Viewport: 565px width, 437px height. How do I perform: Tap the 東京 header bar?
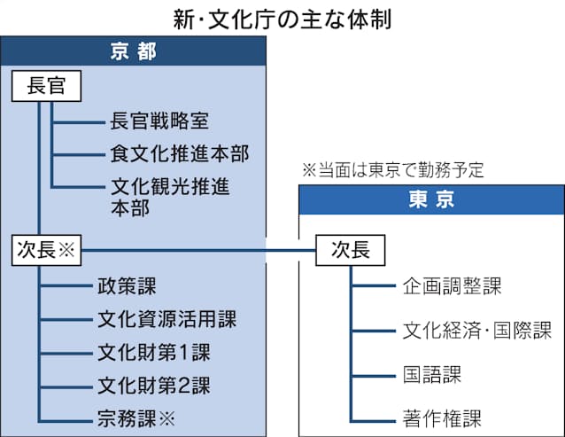pyautogui.click(x=430, y=200)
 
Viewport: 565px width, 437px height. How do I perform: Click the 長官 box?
pyautogui.click(x=47, y=87)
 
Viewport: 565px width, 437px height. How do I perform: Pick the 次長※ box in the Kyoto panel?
pyautogui.click(x=47, y=250)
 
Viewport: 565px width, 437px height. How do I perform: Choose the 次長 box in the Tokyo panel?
pyautogui.click(x=350, y=250)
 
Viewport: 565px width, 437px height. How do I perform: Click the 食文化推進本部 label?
pyautogui.click(x=180, y=153)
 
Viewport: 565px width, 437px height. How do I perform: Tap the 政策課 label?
pyautogui.click(x=127, y=285)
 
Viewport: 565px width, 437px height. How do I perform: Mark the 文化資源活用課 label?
pyautogui.click(x=166, y=318)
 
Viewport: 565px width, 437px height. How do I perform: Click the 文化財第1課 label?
pyautogui.click(x=153, y=352)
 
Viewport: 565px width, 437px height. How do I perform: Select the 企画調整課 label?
pyautogui.click(x=452, y=286)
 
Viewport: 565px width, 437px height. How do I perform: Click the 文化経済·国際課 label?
pyautogui.click(x=476, y=331)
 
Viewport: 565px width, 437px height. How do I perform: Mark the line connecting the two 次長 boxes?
pyautogui.click(x=199, y=250)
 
